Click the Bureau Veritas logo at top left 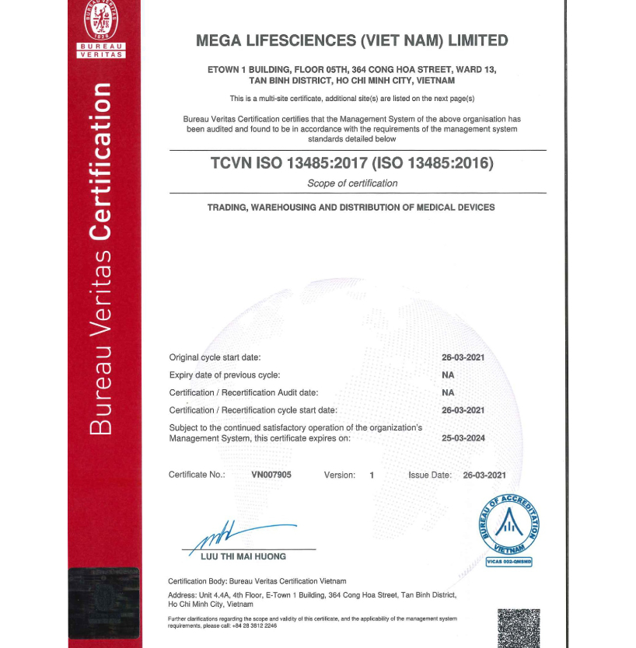click(x=97, y=29)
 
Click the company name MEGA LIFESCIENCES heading click(x=352, y=40)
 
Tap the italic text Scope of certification click(x=352, y=183)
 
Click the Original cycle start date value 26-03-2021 click(x=463, y=357)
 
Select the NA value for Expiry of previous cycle click(x=448, y=375)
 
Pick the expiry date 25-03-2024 click(x=463, y=438)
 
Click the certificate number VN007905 click(x=271, y=475)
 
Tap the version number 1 click(x=372, y=475)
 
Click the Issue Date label click(x=429, y=475)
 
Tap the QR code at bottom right click(x=518, y=628)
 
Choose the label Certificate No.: click(x=197, y=475)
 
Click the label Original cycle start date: click(x=215, y=357)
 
